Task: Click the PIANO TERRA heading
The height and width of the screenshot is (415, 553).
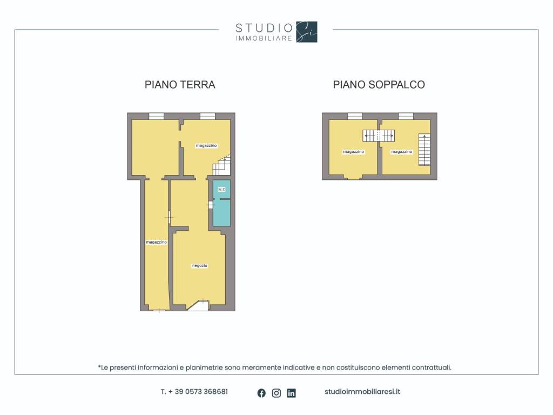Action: tap(180, 85)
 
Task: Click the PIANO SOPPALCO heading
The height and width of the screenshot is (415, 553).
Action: tap(379, 85)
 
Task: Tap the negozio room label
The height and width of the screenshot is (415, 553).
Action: tap(200, 265)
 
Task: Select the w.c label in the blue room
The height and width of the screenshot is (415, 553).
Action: tap(221, 189)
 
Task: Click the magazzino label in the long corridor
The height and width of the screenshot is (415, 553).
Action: tap(156, 242)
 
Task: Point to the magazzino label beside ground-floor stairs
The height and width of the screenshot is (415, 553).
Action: tap(206, 146)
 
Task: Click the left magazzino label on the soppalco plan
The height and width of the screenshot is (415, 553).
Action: tap(353, 152)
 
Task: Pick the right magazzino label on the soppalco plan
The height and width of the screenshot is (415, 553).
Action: tap(402, 152)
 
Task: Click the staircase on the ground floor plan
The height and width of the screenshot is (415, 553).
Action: tap(222, 164)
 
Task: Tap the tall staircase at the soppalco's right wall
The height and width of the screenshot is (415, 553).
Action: tap(424, 150)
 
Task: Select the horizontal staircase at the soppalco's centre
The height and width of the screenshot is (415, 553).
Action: tap(379, 135)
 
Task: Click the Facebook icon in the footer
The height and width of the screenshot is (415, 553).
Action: tap(261, 393)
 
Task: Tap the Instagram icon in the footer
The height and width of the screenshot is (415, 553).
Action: tap(276, 393)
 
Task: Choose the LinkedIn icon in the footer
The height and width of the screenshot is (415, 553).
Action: tap(291, 393)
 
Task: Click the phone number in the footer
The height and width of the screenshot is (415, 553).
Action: tap(194, 392)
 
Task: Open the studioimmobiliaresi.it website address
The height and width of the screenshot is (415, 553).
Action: tap(362, 392)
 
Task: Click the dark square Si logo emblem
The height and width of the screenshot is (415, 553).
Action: tap(307, 32)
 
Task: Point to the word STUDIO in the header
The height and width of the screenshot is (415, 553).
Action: tap(264, 28)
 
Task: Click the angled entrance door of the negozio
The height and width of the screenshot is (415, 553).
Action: tap(198, 305)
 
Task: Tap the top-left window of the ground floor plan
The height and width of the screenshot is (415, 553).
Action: tap(157, 116)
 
